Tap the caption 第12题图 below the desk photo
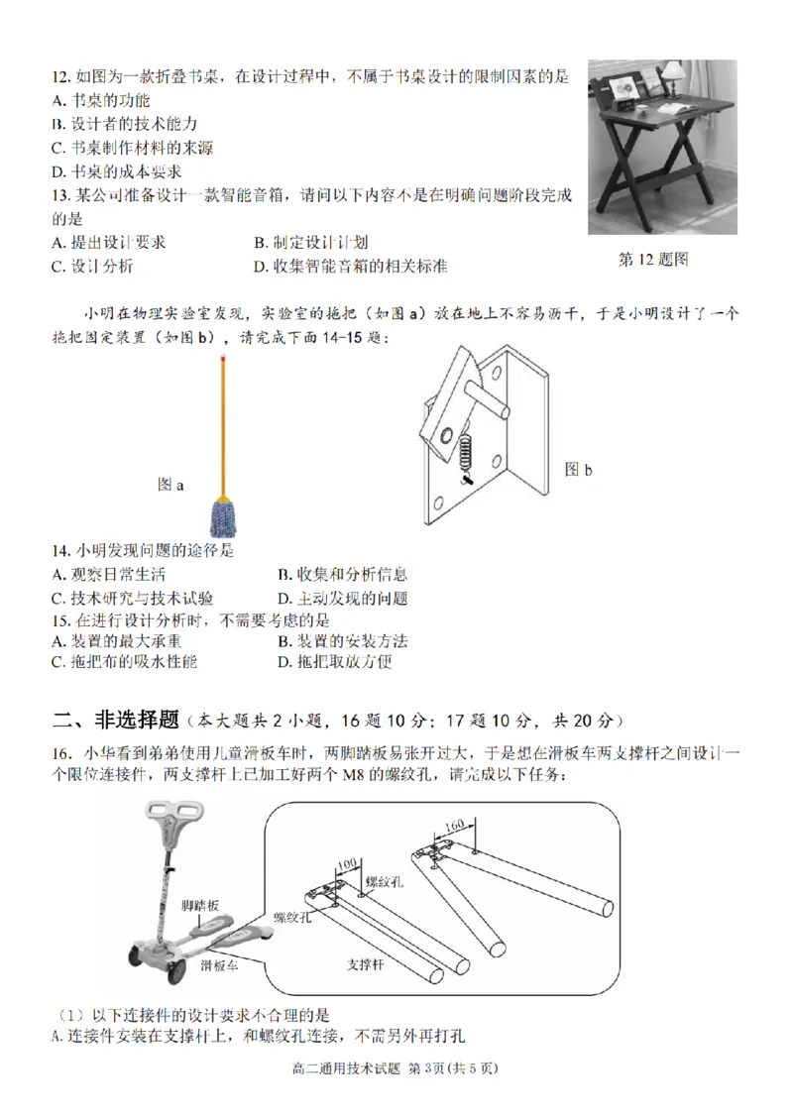coord(653,260)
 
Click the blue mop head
coord(224,515)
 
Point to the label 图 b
coord(579,470)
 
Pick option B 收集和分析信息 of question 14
coord(342,575)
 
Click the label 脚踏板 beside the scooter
coord(199,906)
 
